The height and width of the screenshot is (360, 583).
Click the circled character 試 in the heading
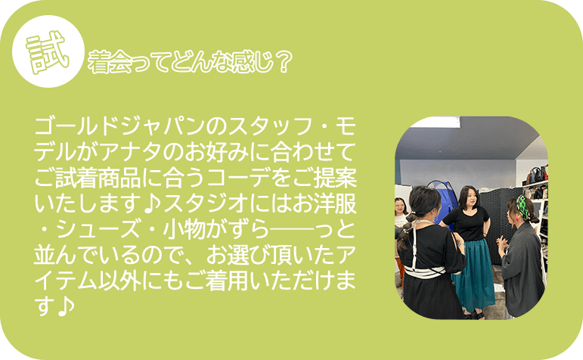coord(45,51)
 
